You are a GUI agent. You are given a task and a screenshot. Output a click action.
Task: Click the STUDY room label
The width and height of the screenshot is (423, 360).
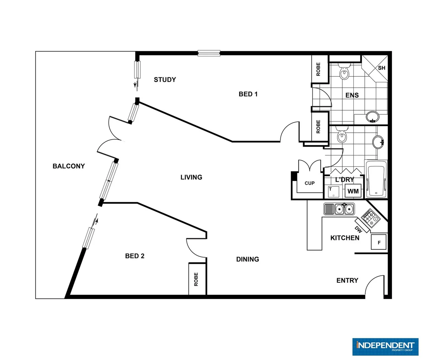(165, 80)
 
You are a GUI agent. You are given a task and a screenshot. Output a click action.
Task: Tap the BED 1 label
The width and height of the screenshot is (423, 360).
(248, 94)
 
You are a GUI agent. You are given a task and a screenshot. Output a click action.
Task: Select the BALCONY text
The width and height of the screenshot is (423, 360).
(69, 166)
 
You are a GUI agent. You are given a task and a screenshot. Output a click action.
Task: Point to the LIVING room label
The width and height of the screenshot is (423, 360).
(191, 177)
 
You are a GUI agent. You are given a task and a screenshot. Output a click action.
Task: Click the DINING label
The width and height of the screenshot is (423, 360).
(247, 259)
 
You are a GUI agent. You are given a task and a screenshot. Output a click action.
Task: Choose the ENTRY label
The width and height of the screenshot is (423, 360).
(347, 281)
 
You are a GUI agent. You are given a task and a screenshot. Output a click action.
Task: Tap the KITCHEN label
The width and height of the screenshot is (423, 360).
(345, 238)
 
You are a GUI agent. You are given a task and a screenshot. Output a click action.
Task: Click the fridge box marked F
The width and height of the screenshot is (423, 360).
(379, 242)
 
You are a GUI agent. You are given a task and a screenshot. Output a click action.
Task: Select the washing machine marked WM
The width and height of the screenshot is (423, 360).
(353, 191)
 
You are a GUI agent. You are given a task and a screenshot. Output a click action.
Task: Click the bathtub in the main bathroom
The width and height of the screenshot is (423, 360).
(376, 180)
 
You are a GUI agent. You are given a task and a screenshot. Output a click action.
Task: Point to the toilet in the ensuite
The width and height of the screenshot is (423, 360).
(344, 72)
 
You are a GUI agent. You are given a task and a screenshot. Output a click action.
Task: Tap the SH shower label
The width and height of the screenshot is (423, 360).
(381, 68)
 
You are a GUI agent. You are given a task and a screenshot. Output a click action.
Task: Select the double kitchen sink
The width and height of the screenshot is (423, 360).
(344, 209)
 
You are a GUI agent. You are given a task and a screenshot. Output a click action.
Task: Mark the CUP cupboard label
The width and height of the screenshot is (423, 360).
(309, 183)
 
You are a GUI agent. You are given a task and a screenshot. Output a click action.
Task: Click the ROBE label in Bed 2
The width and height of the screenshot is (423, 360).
(196, 279)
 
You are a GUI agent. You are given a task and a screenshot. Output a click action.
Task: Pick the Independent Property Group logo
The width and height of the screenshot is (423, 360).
(385, 347)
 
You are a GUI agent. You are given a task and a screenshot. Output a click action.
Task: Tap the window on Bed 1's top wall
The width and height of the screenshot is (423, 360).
(209, 53)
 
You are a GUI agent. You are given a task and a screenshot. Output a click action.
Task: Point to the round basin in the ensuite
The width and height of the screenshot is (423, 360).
(372, 117)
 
